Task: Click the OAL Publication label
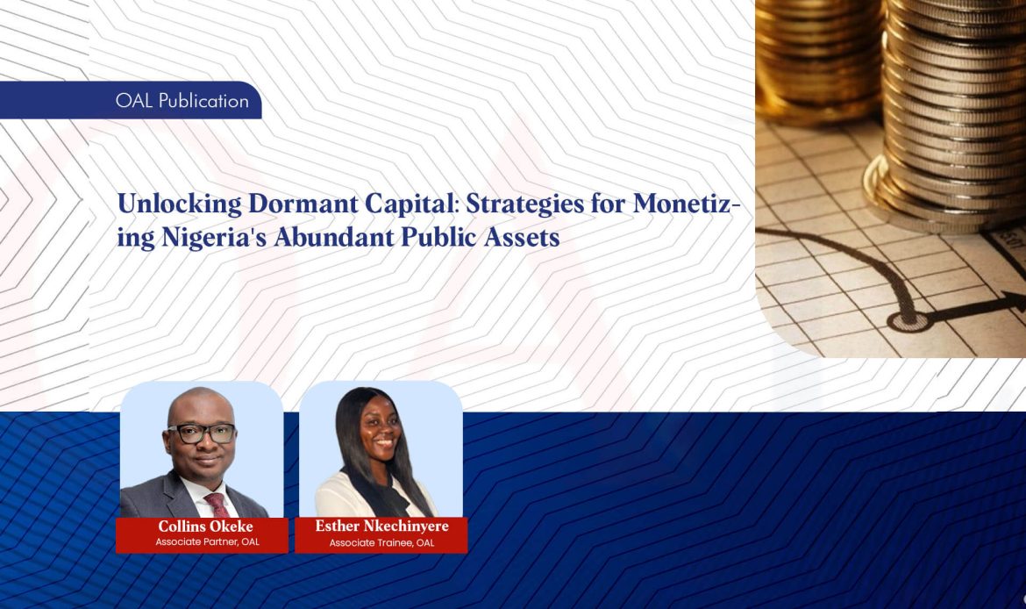[182, 101]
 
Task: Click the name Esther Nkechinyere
[381, 527]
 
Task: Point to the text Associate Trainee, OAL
[381, 543]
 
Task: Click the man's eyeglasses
[202, 433]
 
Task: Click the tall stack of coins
[951, 105]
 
